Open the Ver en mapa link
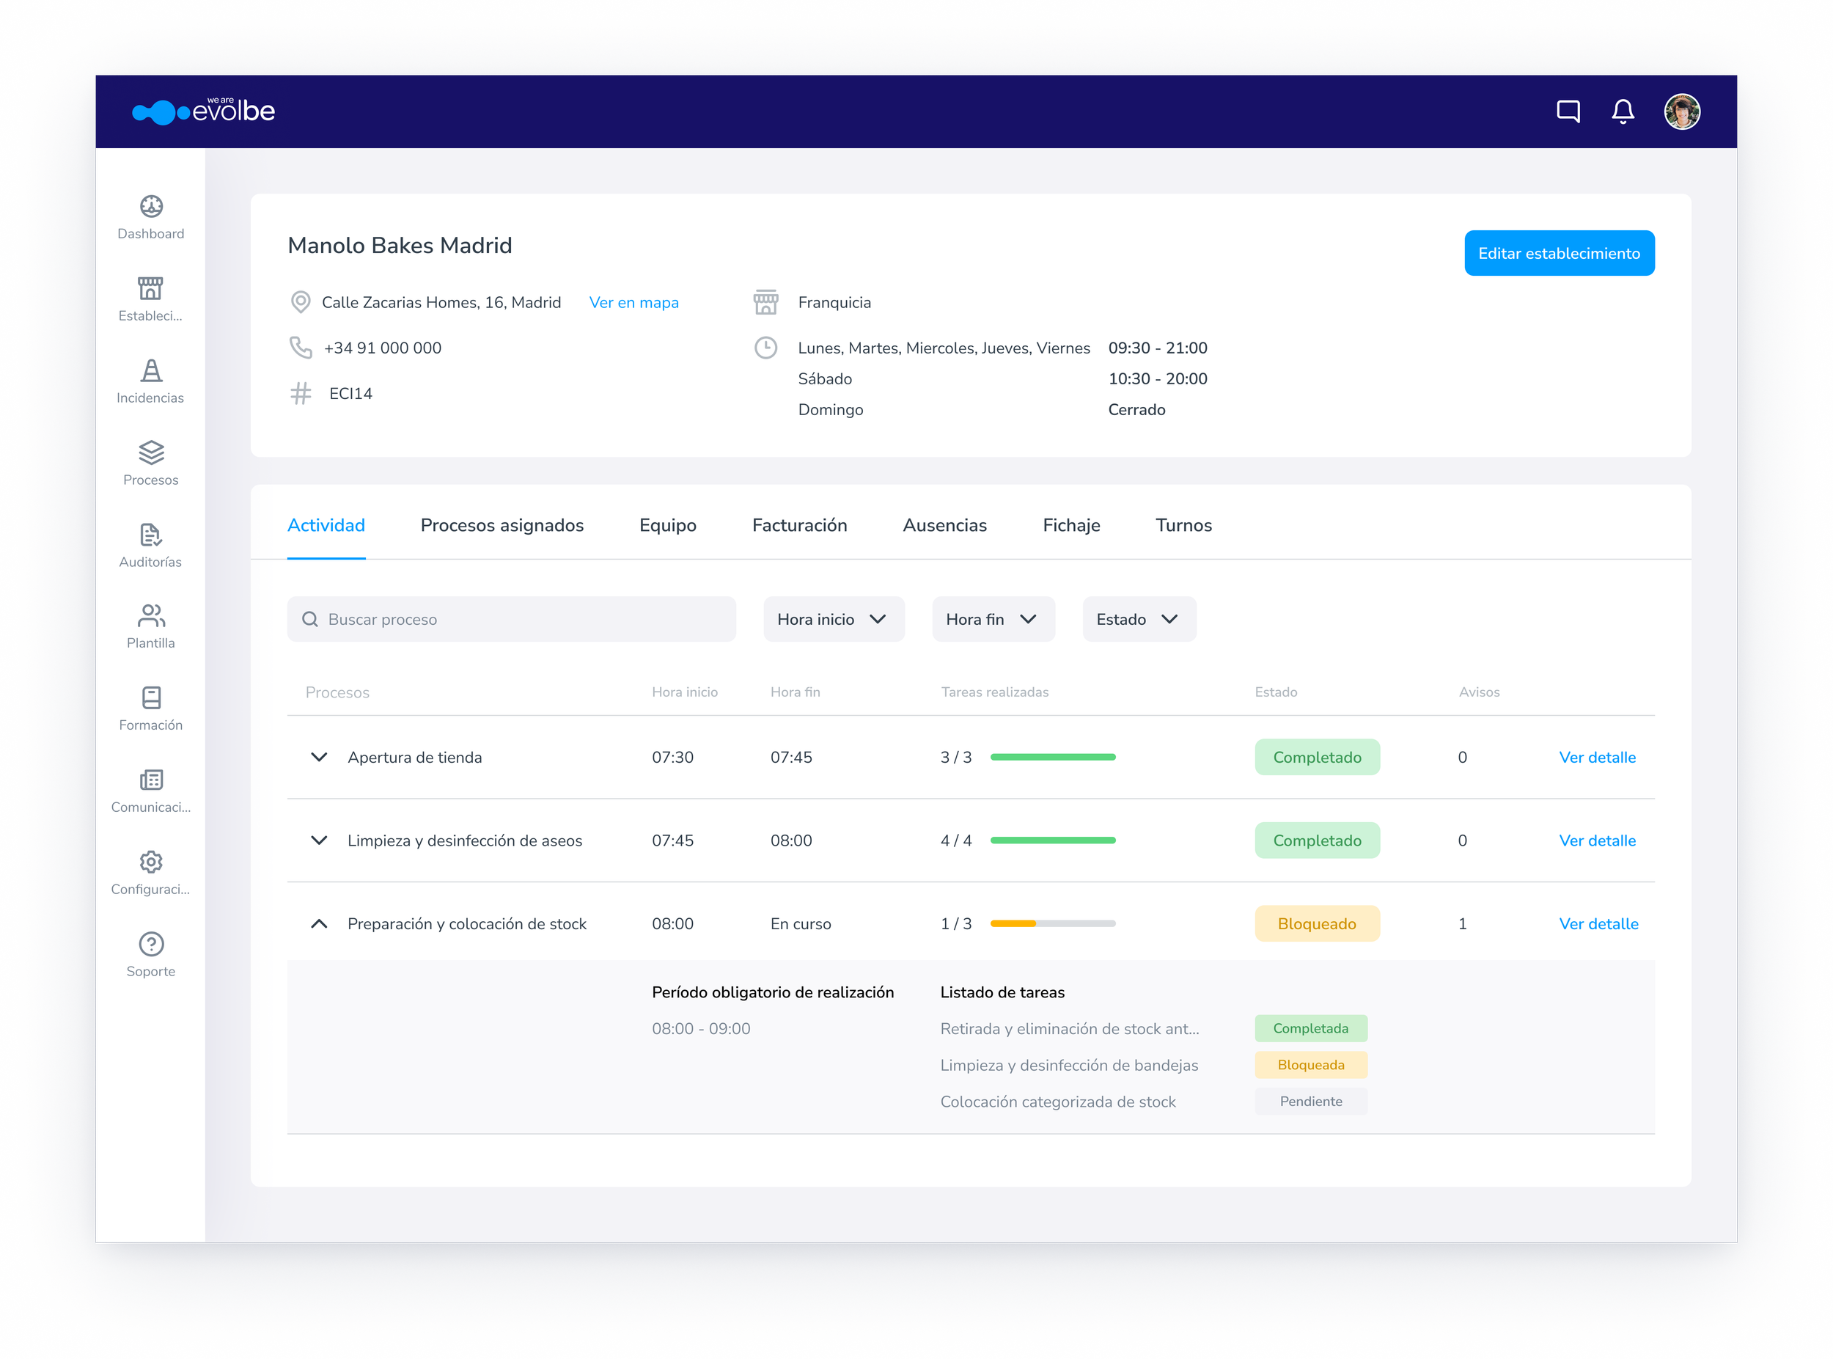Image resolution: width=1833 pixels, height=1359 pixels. (x=634, y=303)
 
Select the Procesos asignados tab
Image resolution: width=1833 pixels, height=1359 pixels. (x=502, y=526)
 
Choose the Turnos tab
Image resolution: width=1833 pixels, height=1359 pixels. (x=1183, y=526)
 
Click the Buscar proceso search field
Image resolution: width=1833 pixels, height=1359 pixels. (x=512, y=620)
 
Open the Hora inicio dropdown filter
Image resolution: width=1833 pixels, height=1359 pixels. (x=834, y=620)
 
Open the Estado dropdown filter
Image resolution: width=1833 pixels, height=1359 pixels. (x=1139, y=620)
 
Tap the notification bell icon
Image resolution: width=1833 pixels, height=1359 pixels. (x=1623, y=111)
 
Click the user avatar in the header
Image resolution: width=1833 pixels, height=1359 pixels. (x=1682, y=111)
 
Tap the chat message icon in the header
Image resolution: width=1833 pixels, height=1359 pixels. (x=1568, y=111)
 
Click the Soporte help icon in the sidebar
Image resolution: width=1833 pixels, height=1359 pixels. (x=151, y=944)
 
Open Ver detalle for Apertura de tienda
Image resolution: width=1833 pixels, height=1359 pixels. (x=1597, y=758)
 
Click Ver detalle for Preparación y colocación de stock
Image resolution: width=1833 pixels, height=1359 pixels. (x=1598, y=924)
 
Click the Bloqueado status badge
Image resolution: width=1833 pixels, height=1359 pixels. (x=1317, y=924)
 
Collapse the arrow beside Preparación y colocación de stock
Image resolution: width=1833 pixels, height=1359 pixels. (x=319, y=924)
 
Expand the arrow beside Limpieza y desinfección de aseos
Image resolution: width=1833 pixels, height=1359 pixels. (x=319, y=840)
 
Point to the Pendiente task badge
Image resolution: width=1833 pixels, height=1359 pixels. (x=1311, y=1102)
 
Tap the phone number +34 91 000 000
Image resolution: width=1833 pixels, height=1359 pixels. (x=383, y=348)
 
